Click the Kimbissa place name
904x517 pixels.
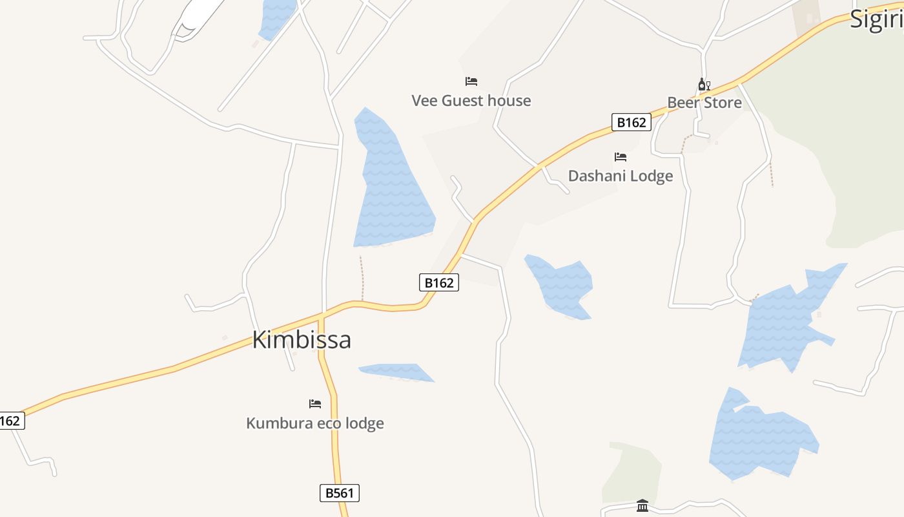[302, 340]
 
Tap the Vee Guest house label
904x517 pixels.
[471, 101]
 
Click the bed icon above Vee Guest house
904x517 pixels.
[471, 81]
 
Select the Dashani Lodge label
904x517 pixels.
[621, 176]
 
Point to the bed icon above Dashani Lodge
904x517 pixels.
[621, 157]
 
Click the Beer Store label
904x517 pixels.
[704, 102]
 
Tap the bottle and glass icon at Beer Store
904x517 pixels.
[704, 85]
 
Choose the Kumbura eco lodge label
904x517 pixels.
[315, 423]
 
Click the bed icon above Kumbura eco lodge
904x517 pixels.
[315, 404]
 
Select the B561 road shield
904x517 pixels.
[340, 493]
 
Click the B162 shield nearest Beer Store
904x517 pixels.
[631, 122]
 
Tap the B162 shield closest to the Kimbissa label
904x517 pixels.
[439, 282]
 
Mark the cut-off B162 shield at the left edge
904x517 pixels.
[10, 421]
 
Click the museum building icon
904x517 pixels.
[642, 505]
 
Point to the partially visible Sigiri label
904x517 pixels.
[876, 19]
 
